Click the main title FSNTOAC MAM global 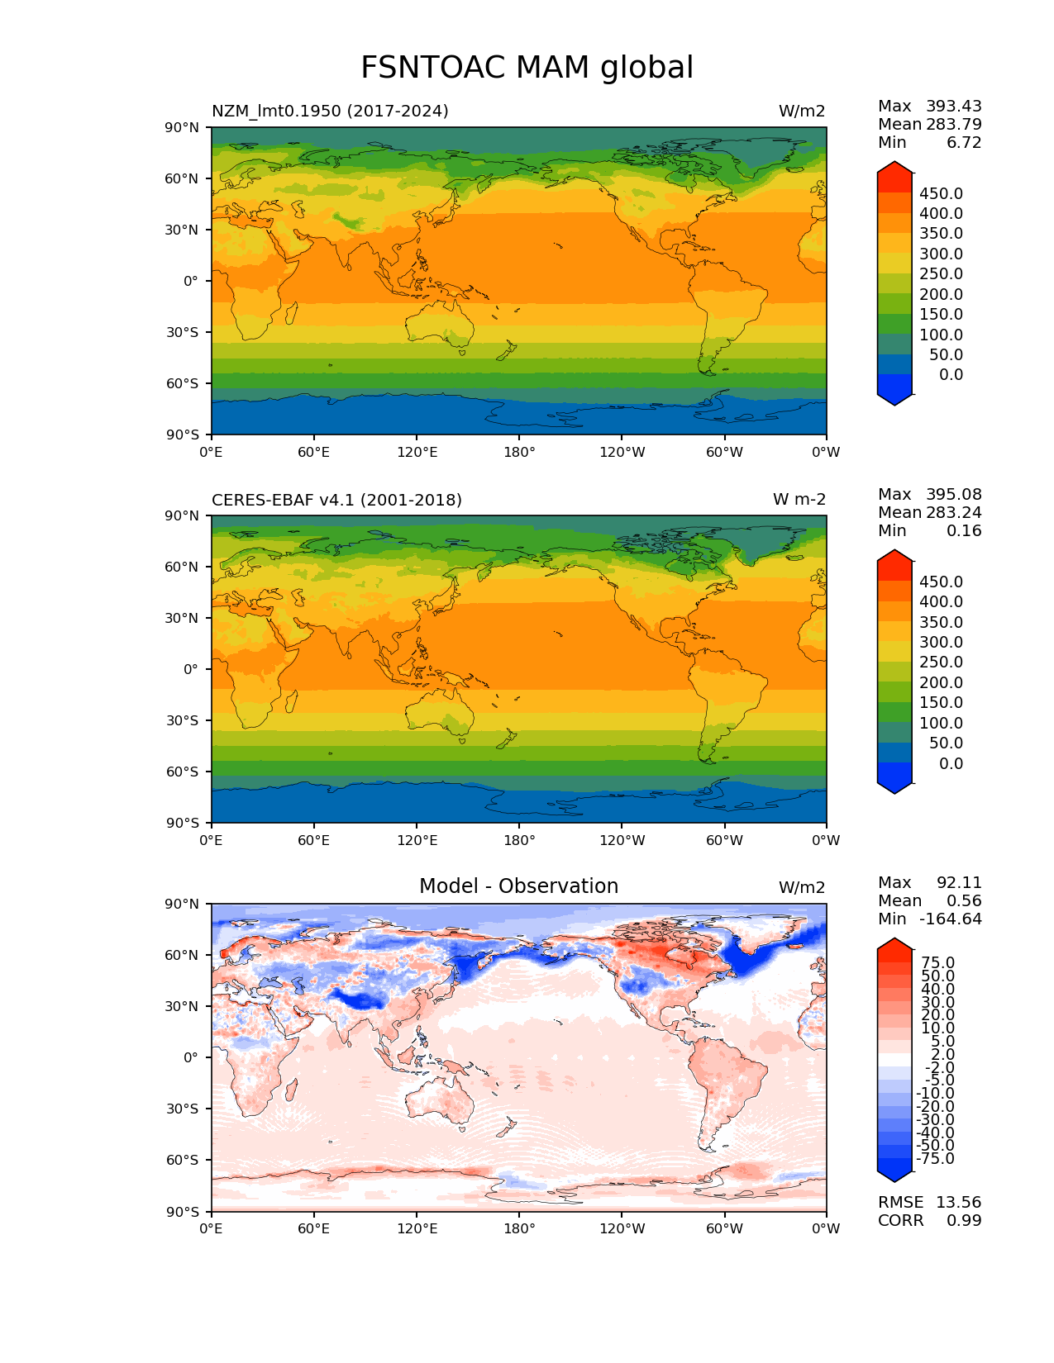pyautogui.click(x=527, y=68)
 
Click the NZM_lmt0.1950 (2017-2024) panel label pyautogui.click(x=330, y=111)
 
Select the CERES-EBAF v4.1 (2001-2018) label pyautogui.click(x=336, y=500)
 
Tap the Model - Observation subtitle pyautogui.click(x=518, y=886)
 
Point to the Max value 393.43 pyautogui.click(x=953, y=106)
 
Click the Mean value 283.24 pyautogui.click(x=953, y=512)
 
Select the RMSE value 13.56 pyautogui.click(x=958, y=1202)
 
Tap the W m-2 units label pyautogui.click(x=799, y=500)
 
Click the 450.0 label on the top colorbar pyautogui.click(x=941, y=193)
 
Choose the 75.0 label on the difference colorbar pyautogui.click(x=937, y=962)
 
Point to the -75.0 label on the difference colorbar pyautogui.click(x=935, y=1158)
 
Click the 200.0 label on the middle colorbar pyautogui.click(x=941, y=682)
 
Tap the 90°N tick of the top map pyautogui.click(x=183, y=127)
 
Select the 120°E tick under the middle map pyautogui.click(x=417, y=841)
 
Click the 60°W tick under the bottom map pyautogui.click(x=724, y=1229)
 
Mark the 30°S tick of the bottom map pyautogui.click(x=183, y=1109)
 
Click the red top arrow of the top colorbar pyautogui.click(x=894, y=174)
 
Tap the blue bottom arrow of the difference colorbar pyautogui.click(x=894, y=1170)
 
